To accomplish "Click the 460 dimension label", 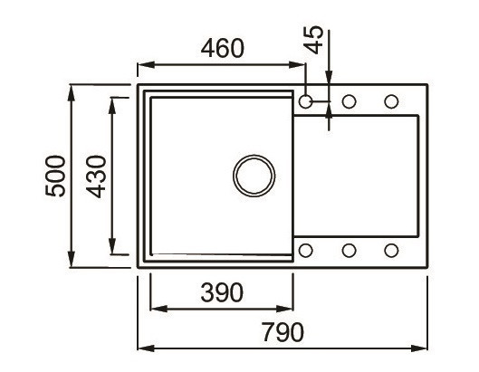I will point(221,48).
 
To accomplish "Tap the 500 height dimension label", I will point(55,177).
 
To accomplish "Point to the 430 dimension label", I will point(96,177).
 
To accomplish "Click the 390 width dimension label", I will point(221,292).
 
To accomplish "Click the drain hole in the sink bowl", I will point(253,174).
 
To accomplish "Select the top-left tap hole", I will point(306,101).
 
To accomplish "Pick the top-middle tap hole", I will point(349,101).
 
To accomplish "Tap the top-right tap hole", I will point(391,101).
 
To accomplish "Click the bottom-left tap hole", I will point(306,250).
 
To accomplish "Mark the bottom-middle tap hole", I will point(349,250).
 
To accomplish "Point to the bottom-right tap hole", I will point(391,250).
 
